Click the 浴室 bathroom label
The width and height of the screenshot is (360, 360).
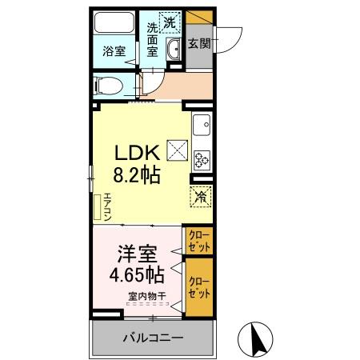(x=113, y=51)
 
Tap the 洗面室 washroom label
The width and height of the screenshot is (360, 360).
(x=152, y=39)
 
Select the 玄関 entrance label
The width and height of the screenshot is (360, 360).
(x=198, y=45)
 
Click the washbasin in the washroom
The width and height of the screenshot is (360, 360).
(x=174, y=50)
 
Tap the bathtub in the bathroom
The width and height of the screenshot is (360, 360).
(x=114, y=23)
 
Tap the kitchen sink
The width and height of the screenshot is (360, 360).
(x=201, y=124)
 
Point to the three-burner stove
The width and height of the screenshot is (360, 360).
(x=201, y=158)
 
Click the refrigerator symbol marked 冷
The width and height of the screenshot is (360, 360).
(x=199, y=195)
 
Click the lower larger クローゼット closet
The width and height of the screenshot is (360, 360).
(x=199, y=286)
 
